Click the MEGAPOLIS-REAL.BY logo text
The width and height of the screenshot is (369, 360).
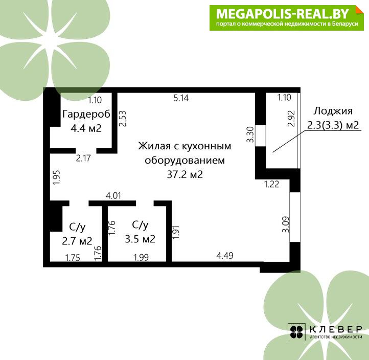tap(283, 14)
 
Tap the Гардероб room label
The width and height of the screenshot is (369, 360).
tap(86, 114)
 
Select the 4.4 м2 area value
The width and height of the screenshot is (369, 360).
tap(86, 128)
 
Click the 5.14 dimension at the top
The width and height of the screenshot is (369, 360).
tap(181, 98)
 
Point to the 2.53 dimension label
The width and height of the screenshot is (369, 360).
tap(123, 119)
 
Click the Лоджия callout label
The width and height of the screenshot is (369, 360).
tap(333, 111)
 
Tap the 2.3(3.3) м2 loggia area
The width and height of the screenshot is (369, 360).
tap(333, 125)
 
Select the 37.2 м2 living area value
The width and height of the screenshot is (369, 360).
tap(184, 174)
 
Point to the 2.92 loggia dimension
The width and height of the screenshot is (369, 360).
tap(291, 119)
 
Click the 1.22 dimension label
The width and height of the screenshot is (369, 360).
tap(271, 184)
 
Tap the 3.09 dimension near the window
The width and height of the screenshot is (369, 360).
tap(286, 224)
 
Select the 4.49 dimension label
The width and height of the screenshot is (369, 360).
tap(225, 256)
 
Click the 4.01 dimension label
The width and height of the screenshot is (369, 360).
tap(113, 196)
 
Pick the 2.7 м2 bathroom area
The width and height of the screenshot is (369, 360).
tap(77, 241)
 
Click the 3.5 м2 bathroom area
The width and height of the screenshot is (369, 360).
tap(140, 239)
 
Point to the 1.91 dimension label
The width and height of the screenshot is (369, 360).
tap(176, 232)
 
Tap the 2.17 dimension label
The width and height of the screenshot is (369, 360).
tap(83, 158)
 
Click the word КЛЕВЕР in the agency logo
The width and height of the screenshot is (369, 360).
tap(336, 329)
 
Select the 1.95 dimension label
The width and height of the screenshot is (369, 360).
tap(57, 177)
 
